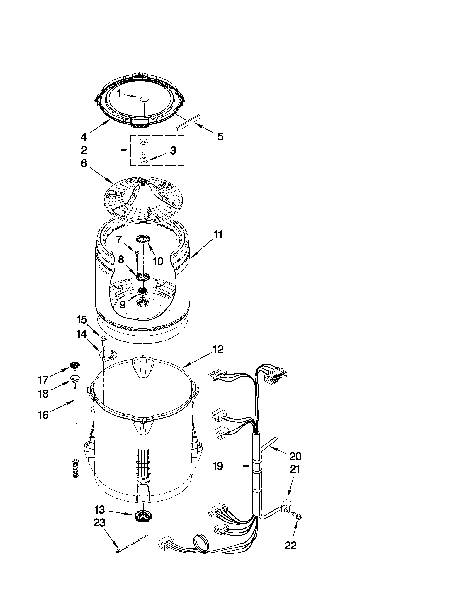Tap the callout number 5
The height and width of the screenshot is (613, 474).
tap(220, 137)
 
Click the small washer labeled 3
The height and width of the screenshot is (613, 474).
tap(144, 160)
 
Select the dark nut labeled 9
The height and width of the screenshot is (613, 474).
tap(143, 292)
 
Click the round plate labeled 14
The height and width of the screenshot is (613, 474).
tap(108, 355)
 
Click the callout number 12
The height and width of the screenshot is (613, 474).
tap(218, 350)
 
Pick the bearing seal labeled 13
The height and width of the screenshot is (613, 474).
tap(143, 515)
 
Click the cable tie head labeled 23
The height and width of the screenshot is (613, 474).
tap(118, 551)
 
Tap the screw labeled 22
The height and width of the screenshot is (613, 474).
tap(298, 516)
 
